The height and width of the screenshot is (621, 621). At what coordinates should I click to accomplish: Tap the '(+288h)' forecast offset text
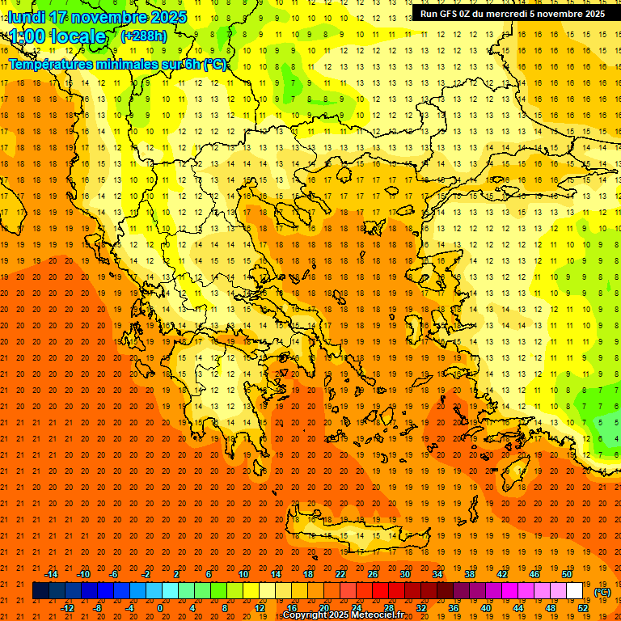pyautogui.click(x=143, y=36)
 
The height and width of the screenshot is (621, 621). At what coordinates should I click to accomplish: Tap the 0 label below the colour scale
pyautogui.click(x=159, y=608)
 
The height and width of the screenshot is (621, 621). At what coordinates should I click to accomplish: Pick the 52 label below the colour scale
pyautogui.click(x=583, y=608)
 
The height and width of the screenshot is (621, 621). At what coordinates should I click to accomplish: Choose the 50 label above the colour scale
pyautogui.click(x=566, y=574)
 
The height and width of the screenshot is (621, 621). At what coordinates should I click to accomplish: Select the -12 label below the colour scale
pyautogui.click(x=68, y=608)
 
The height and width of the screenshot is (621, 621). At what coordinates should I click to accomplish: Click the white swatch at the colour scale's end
pyautogui.click(x=574, y=591)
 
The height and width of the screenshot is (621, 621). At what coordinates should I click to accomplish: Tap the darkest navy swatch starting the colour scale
pyautogui.click(x=40, y=591)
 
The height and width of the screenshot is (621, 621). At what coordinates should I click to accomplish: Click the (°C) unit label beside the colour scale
pyautogui.click(x=602, y=592)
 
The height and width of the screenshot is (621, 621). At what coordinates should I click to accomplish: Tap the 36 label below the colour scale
pyautogui.click(x=453, y=608)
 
